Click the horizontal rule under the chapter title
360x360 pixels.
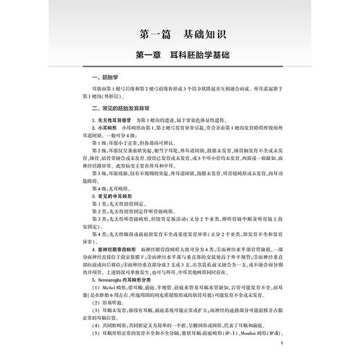tap(180, 66)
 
